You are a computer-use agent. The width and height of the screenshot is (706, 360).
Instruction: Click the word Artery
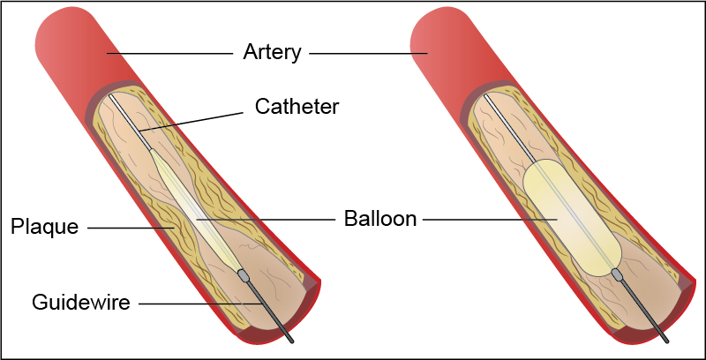(272, 52)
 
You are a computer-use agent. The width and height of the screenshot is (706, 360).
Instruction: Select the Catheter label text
(297, 107)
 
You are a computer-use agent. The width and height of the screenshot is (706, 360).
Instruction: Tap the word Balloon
(379, 218)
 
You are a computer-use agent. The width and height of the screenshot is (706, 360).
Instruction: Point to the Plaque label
(44, 227)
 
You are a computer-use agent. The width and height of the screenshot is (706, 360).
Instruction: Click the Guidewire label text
(81, 303)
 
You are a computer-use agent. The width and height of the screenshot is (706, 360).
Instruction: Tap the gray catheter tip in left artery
(244, 276)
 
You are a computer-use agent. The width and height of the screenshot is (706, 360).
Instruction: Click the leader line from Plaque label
(132, 228)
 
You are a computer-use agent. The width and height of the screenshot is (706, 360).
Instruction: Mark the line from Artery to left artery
(168, 53)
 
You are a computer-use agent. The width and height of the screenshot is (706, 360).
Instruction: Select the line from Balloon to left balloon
(265, 218)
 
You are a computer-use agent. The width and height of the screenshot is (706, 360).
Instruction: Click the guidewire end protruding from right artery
(662, 334)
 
